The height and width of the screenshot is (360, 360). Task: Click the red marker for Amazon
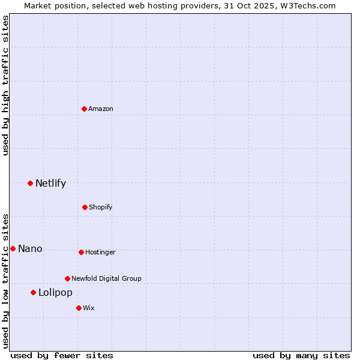(x=85, y=109)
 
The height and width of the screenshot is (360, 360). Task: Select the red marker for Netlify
(x=30, y=183)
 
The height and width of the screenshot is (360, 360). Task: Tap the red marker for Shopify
(x=85, y=207)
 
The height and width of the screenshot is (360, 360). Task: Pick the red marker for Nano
(x=13, y=248)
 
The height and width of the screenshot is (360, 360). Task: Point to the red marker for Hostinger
(x=81, y=252)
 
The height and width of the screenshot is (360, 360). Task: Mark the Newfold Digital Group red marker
(x=67, y=278)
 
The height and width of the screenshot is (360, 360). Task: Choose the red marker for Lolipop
(x=33, y=292)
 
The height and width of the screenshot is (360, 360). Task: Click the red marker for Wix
(x=79, y=308)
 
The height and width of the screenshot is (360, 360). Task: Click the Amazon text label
(x=101, y=109)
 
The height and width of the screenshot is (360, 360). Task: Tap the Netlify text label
(x=50, y=184)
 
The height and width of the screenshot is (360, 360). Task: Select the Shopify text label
(x=101, y=207)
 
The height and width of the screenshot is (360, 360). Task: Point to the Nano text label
(x=30, y=249)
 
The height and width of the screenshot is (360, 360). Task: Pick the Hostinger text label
(x=100, y=252)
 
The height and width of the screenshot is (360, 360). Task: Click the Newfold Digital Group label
(x=106, y=278)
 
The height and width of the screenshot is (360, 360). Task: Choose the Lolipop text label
(x=55, y=293)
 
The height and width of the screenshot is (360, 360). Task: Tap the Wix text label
(x=89, y=308)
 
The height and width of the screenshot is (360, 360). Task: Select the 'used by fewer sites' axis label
(x=62, y=355)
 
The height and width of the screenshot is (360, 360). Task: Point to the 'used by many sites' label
(x=301, y=355)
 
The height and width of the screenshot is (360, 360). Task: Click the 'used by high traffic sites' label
(x=6, y=85)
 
